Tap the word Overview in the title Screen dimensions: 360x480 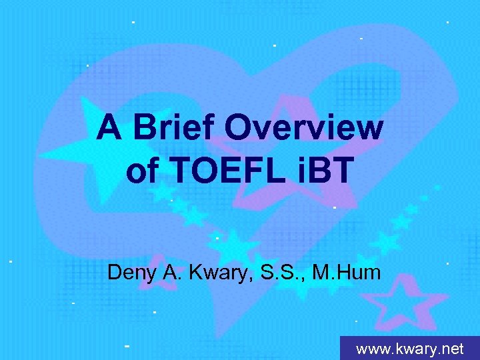click(x=304, y=127)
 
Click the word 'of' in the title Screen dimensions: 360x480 click(x=139, y=171)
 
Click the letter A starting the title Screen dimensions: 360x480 click(x=109, y=127)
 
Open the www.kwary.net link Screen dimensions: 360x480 click(x=409, y=349)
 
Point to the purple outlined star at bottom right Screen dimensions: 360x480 click(x=398, y=303)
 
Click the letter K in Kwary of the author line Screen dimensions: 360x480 click(x=194, y=273)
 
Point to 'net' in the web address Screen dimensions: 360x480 click(x=452, y=349)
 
